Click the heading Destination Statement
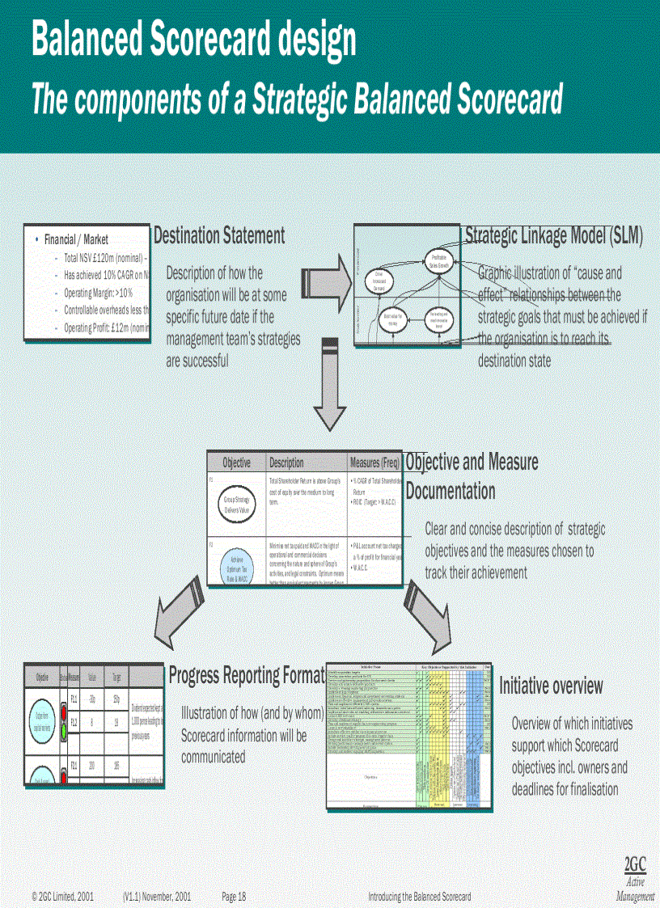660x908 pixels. [219, 236]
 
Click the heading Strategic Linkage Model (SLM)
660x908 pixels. [554, 235]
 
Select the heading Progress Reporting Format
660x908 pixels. [247, 675]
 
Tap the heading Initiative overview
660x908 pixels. [551, 686]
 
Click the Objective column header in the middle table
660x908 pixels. [236, 463]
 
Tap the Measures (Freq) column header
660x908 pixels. [374, 463]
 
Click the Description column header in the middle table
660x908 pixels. [286, 463]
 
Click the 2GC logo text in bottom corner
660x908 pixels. [636, 864]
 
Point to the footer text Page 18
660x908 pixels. [234, 897]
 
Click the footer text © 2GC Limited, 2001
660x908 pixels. [63, 897]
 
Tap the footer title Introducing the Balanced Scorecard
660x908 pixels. [419, 897]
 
